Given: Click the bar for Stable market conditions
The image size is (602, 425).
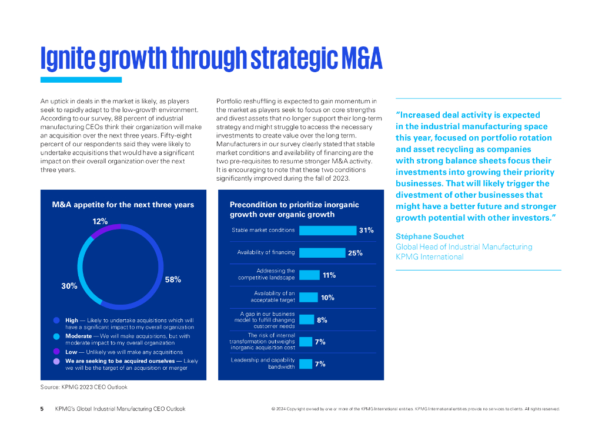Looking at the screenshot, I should point(327,230).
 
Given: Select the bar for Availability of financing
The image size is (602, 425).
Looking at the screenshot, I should point(322,252).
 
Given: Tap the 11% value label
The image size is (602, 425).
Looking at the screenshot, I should point(329,275).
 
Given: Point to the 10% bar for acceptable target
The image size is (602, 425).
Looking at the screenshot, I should point(308,297).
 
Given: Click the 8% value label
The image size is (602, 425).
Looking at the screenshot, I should point(322,320).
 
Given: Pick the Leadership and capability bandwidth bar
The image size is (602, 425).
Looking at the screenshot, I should point(306,364).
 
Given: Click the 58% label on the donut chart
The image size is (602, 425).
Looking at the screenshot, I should point(173,280).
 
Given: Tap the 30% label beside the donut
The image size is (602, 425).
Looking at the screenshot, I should point(69,286).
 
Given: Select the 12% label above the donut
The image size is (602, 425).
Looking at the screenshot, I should point(100,221).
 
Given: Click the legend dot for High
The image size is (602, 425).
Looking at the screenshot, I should point(56,321).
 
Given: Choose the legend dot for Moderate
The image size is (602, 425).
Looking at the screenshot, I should point(56,336).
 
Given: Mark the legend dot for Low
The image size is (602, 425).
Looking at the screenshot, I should point(56,352).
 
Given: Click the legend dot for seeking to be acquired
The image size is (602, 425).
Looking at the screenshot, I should point(56,361).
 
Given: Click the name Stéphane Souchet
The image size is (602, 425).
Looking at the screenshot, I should point(430,236).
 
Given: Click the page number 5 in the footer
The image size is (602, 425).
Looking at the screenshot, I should point(42,409).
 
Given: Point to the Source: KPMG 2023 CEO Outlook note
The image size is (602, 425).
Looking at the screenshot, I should point(83,387).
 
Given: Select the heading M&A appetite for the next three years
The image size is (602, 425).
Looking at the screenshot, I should point(123,205).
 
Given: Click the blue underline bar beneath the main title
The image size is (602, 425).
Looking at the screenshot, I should point(81,80).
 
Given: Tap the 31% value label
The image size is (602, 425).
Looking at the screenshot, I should point(366,230).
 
